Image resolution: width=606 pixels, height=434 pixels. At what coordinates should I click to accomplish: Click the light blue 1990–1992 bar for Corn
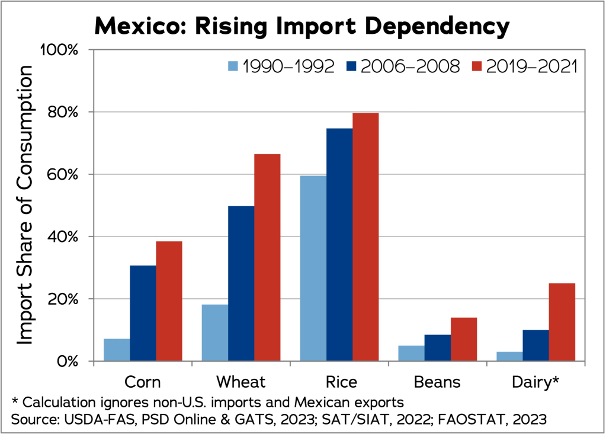click(117, 350)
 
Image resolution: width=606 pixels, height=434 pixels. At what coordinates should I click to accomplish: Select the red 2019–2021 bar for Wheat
click(267, 257)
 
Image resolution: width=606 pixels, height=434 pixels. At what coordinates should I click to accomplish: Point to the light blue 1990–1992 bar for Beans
click(411, 353)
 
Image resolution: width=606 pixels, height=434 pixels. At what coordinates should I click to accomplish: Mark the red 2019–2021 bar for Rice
click(365, 237)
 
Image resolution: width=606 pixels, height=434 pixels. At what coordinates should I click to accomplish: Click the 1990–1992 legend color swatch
click(233, 66)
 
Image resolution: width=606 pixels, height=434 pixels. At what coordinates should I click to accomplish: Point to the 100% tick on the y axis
click(59, 50)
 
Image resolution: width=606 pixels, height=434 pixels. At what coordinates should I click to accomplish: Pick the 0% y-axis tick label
click(65, 361)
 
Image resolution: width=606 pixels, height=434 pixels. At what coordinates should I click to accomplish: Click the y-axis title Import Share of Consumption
click(25, 205)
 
